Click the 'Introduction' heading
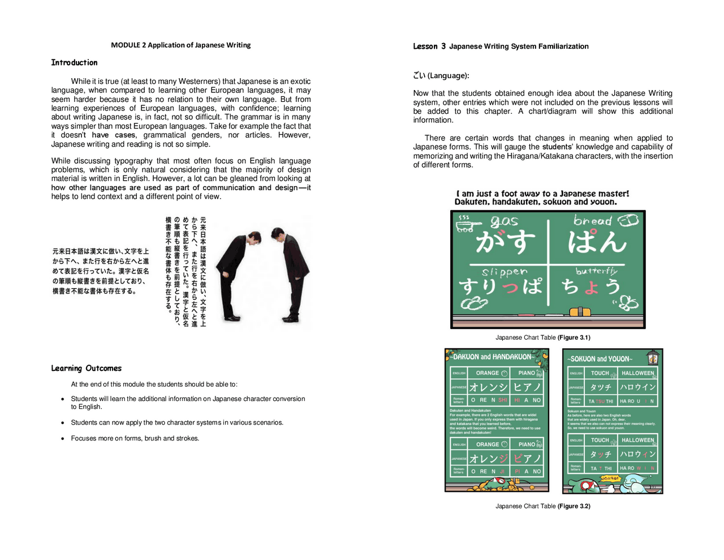(x=74, y=63)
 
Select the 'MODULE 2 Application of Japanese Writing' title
(x=180, y=45)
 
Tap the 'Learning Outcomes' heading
(x=86, y=369)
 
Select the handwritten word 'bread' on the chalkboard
(x=592, y=221)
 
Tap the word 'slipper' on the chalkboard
(x=505, y=272)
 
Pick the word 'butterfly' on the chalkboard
(x=596, y=271)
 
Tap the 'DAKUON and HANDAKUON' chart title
(x=492, y=357)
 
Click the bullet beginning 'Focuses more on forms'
(x=135, y=438)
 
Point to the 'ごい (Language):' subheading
(x=441, y=76)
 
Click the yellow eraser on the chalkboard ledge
(x=580, y=311)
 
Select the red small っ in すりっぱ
(x=510, y=288)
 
